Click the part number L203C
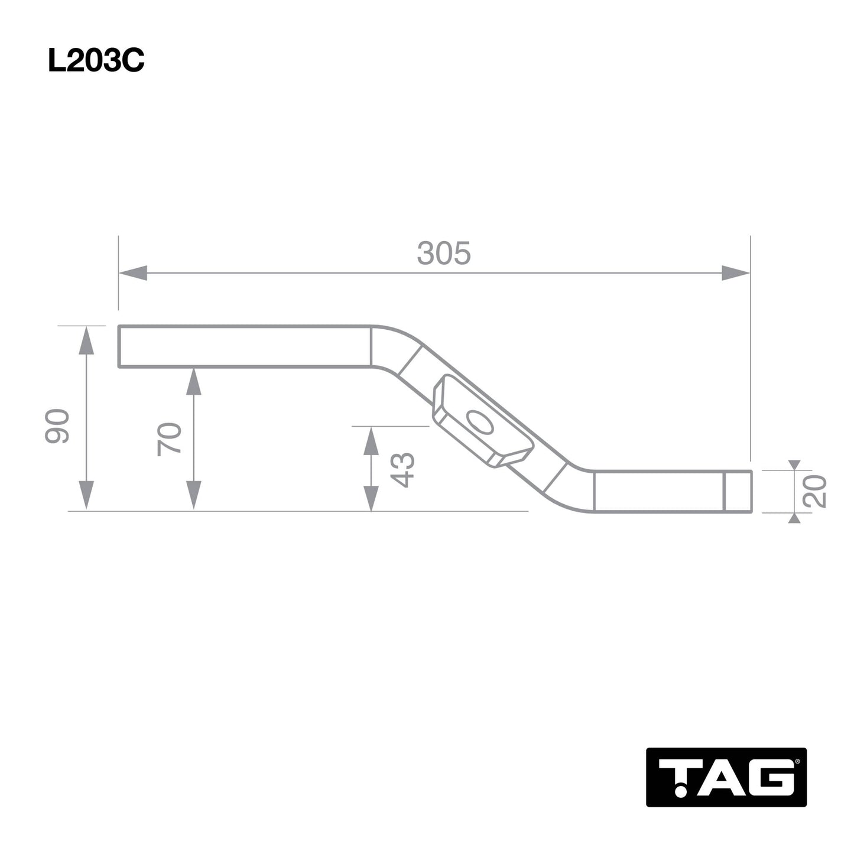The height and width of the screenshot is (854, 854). (x=96, y=61)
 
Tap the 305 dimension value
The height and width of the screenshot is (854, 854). (x=444, y=254)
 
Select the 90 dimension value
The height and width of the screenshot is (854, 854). (x=57, y=426)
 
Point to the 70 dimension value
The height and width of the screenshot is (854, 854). (x=170, y=439)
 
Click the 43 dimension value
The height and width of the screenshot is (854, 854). (x=404, y=470)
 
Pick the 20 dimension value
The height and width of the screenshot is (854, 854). (x=814, y=491)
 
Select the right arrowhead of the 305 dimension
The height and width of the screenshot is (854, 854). (x=736, y=273)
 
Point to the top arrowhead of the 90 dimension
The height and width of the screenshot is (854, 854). (x=86, y=339)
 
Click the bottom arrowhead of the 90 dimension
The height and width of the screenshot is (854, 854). (x=86, y=495)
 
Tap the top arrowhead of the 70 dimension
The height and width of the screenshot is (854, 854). (x=194, y=381)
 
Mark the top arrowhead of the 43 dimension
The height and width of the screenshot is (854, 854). (x=371, y=441)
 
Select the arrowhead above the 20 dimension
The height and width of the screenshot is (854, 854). (x=794, y=465)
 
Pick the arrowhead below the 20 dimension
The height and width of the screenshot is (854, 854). (x=794, y=518)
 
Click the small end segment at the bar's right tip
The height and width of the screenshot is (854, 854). (x=738, y=492)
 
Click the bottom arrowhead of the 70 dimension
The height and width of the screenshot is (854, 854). (x=194, y=495)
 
